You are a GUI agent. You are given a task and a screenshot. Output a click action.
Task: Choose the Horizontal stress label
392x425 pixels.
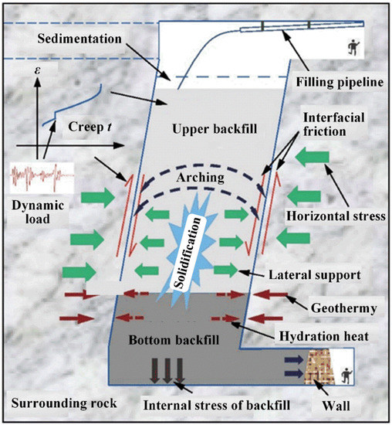334,217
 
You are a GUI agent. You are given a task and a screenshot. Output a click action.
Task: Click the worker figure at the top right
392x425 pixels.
355,47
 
